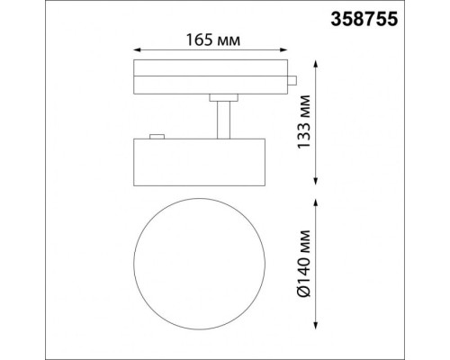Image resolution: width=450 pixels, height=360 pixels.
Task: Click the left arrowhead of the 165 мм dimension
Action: coord(136,51)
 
